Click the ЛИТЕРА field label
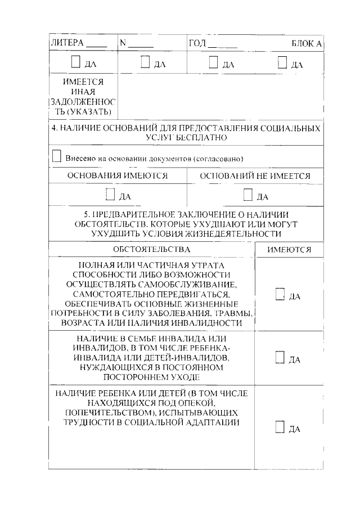67,43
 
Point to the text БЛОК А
306,43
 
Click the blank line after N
143,45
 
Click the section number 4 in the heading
53,128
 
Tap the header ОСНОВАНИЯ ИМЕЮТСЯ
118,176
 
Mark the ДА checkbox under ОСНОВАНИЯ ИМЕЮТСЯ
110,195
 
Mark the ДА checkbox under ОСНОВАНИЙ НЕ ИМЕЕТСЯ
247,195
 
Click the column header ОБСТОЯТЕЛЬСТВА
151,249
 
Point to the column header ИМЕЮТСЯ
289,249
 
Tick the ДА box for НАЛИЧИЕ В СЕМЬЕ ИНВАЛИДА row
280,358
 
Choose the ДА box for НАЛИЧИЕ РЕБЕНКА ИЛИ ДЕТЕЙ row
280,427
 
